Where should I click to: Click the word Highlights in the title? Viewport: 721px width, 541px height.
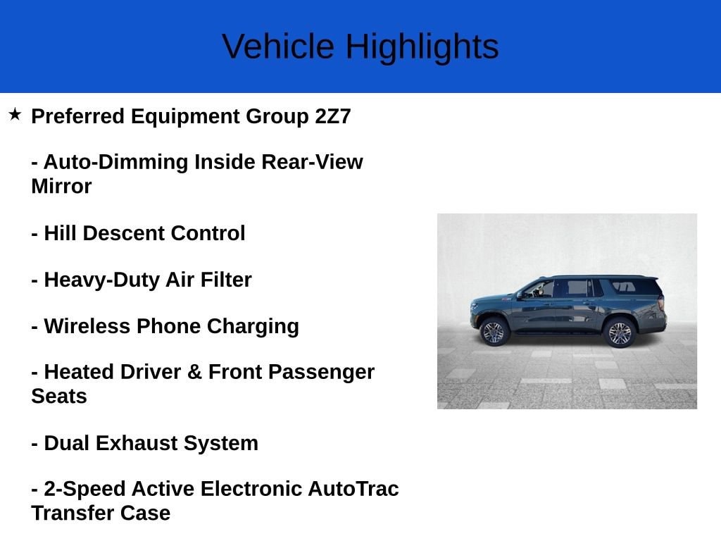422,47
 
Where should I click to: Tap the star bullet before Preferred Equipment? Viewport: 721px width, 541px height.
15,114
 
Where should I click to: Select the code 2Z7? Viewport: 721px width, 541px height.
332,116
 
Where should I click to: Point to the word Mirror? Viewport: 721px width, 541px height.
61,187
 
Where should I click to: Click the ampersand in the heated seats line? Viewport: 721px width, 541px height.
194,372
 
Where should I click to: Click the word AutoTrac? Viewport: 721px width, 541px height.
353,489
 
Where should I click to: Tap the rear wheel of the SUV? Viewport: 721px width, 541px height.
620,332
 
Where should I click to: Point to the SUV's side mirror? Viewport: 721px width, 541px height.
522,294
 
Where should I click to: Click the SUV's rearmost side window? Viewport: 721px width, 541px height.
623,287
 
